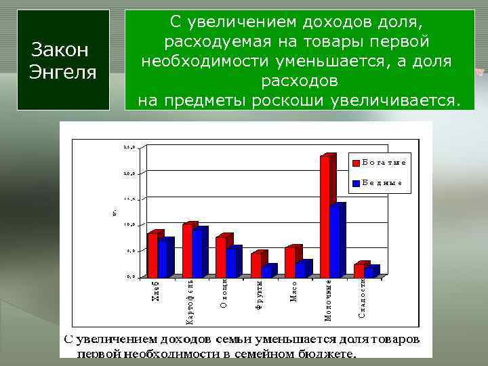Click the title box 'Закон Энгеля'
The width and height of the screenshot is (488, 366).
(x=64, y=60)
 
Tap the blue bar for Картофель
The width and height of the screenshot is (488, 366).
(x=197, y=252)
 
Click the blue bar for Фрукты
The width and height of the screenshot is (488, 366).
(x=266, y=271)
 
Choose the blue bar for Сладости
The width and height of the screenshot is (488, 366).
(x=369, y=271)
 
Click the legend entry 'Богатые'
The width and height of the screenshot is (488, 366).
(x=380, y=162)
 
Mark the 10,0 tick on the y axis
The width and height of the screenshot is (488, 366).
(x=129, y=224)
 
